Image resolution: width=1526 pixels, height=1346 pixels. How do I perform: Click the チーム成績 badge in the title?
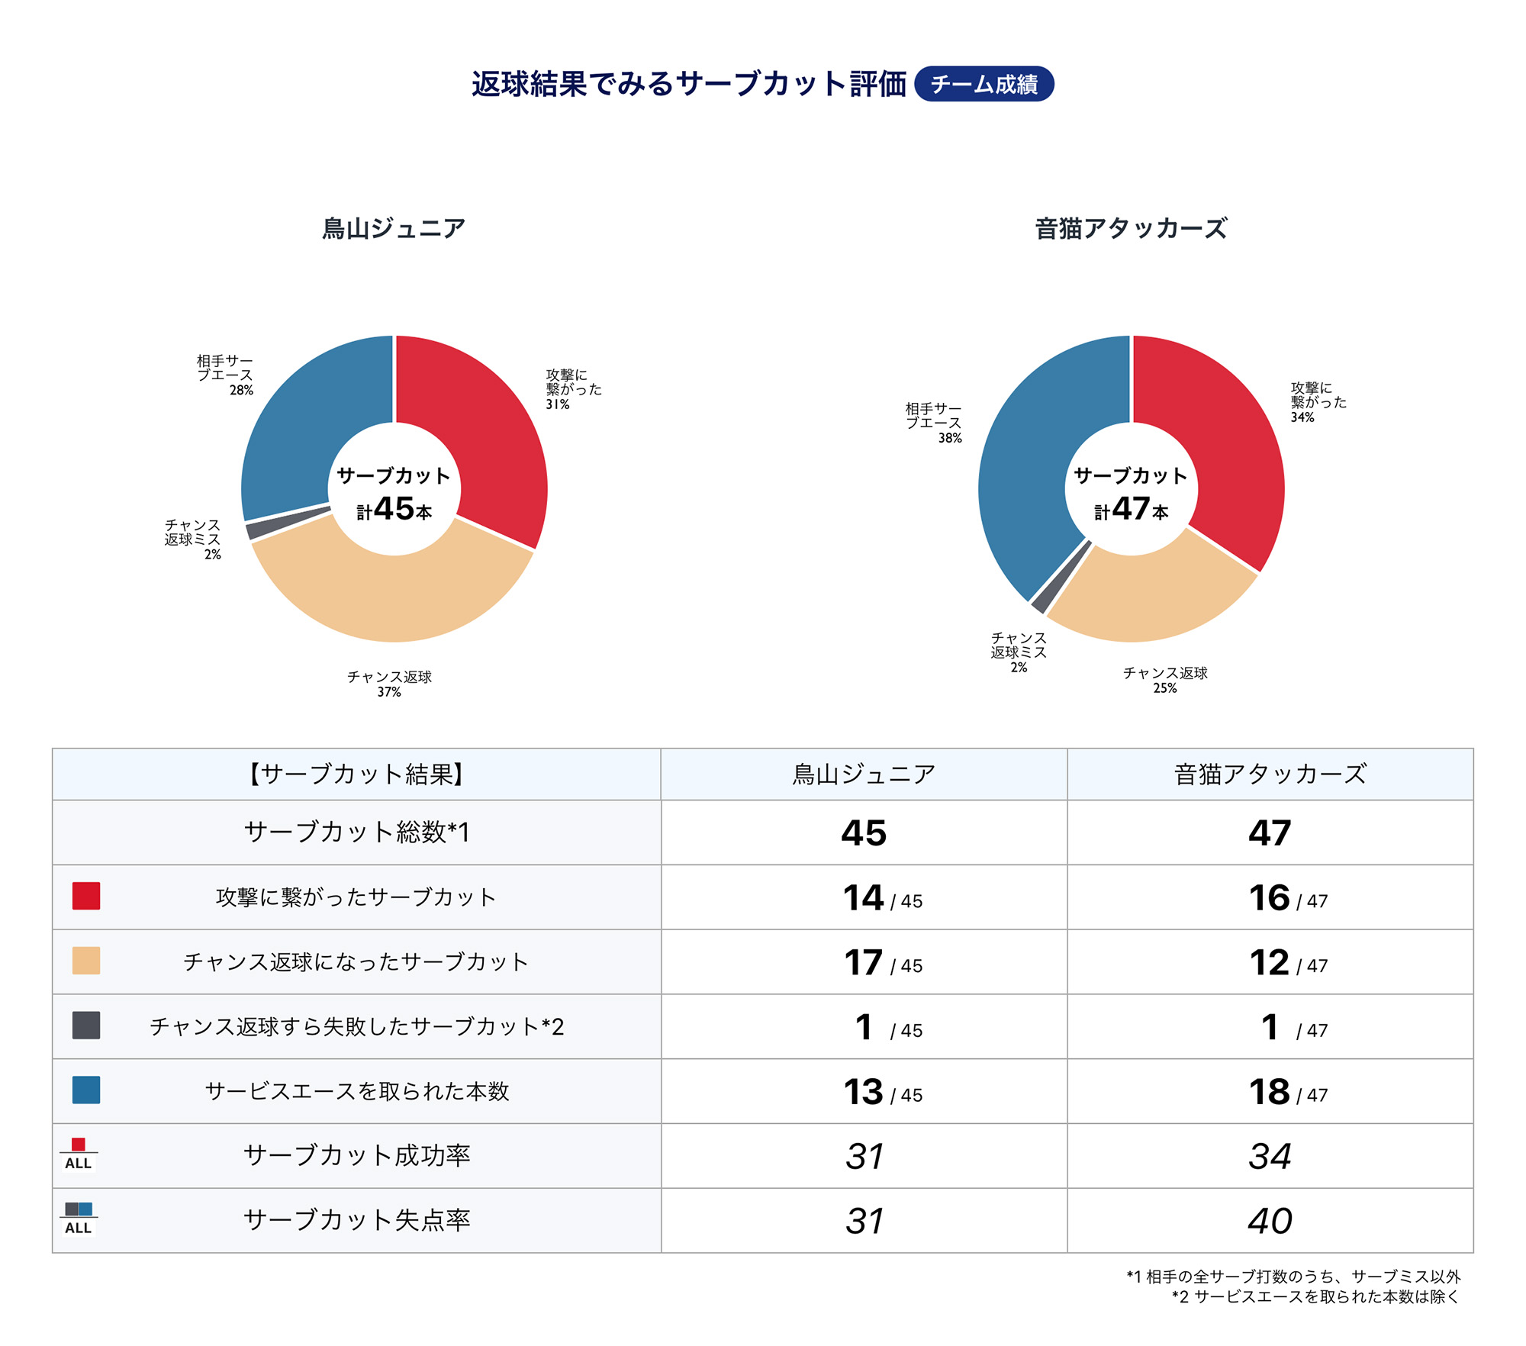[984, 84]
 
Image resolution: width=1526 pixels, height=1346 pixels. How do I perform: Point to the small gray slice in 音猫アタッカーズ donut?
[1040, 598]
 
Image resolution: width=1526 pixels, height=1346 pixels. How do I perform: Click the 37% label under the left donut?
[389, 692]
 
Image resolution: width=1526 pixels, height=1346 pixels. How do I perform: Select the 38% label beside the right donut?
[950, 438]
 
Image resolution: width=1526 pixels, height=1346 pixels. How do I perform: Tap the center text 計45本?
[394, 509]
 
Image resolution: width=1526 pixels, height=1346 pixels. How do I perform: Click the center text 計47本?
[1132, 509]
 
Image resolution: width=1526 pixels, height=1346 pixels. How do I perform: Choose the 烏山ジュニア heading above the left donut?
[394, 228]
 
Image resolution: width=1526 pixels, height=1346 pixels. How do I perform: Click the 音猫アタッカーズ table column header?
[1270, 774]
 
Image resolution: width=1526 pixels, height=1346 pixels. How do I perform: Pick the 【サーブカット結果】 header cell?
[356, 774]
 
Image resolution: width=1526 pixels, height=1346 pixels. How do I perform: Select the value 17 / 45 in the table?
[883, 963]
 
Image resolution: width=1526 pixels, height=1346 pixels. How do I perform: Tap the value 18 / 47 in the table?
[1288, 1092]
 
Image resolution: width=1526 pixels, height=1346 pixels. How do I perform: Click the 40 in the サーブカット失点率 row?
[1270, 1221]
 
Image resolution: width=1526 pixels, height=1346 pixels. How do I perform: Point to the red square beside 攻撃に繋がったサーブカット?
[86, 897]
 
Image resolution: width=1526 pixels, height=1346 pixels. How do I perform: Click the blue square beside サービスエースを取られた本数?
[86, 1090]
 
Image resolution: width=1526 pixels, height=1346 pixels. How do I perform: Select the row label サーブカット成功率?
[356, 1156]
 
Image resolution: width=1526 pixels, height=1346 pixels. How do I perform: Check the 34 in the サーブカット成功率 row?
[1270, 1157]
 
